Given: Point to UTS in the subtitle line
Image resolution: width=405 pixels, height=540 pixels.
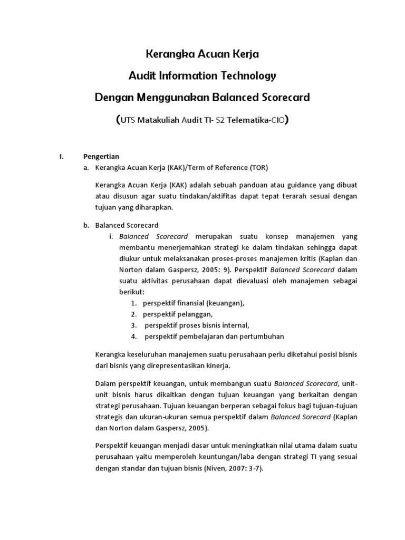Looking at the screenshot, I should tap(129, 120).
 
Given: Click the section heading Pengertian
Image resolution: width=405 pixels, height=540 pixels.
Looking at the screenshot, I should tap(101, 156).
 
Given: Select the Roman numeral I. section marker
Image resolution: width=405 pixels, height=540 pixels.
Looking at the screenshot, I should tap(61, 156).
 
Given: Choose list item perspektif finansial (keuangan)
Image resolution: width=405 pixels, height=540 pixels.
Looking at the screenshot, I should tap(193, 303).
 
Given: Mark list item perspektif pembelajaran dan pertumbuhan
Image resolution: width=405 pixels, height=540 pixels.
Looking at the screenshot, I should tap(214, 336).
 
